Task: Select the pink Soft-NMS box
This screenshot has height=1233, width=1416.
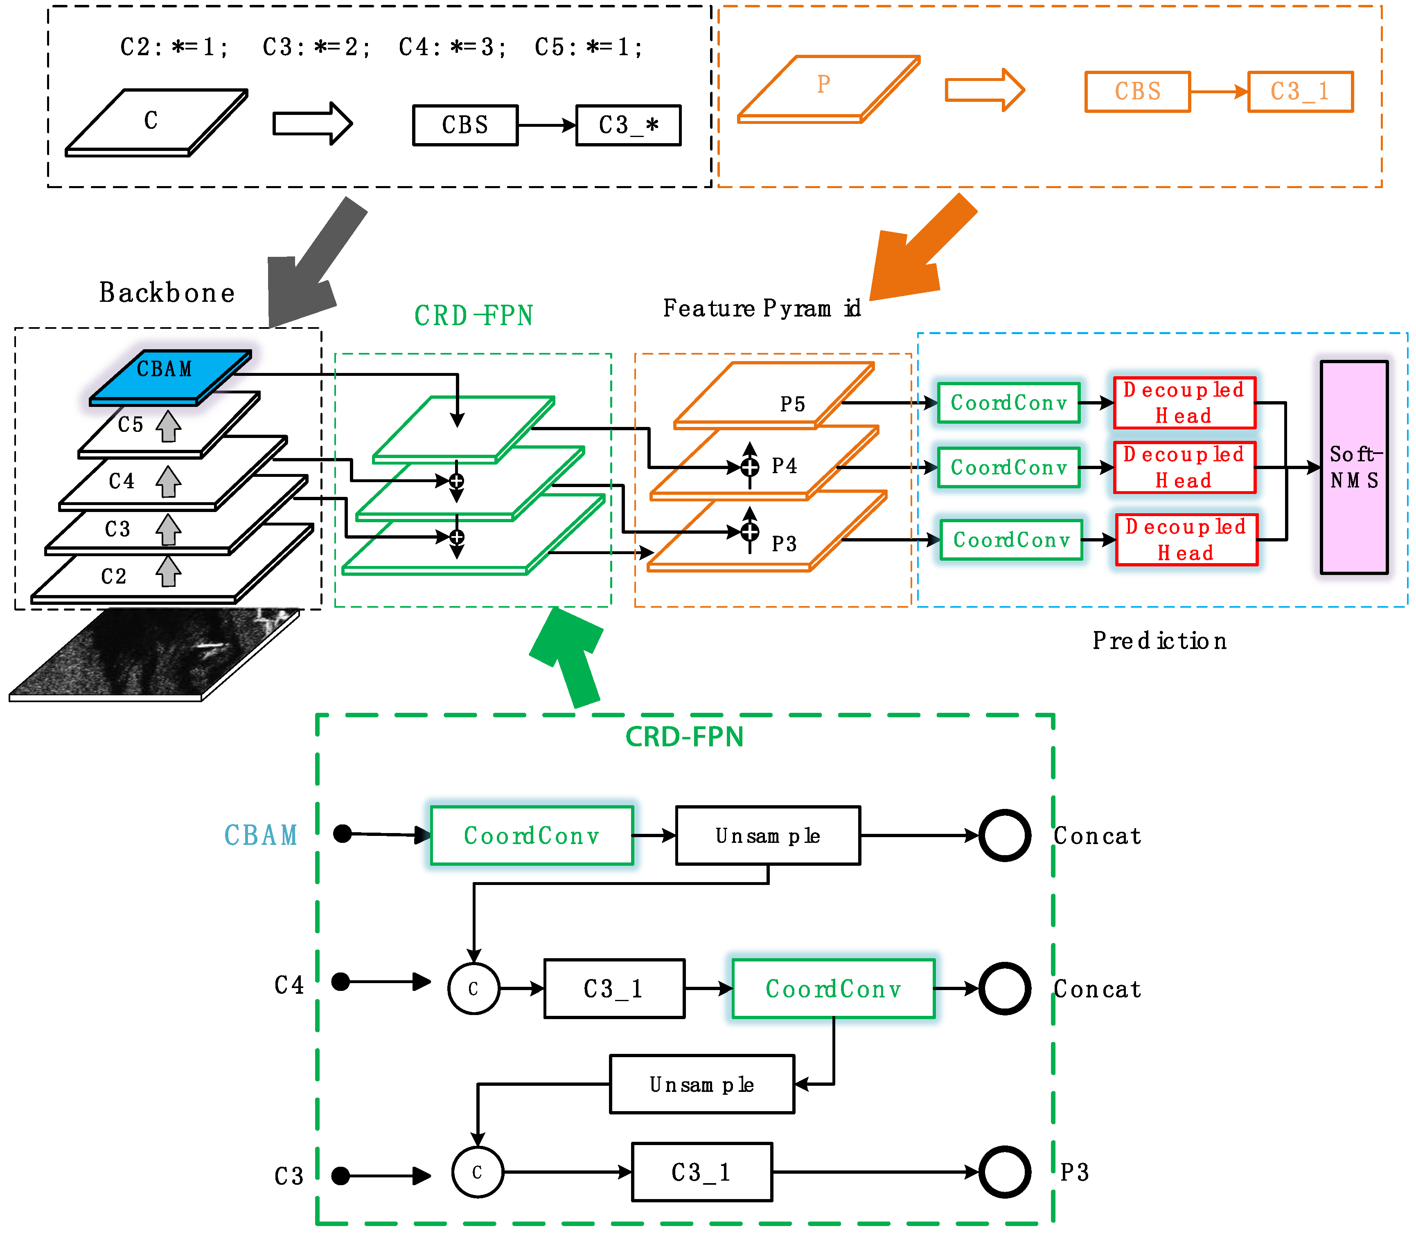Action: [x=1353, y=467]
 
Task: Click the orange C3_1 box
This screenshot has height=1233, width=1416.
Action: [x=1300, y=92]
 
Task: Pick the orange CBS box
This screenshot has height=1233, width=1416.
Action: [x=1137, y=92]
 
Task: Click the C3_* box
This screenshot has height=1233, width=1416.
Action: [x=628, y=125]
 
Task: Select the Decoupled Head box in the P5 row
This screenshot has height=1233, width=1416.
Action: [x=1184, y=402]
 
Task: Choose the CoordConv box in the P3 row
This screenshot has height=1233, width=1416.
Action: [x=1010, y=540]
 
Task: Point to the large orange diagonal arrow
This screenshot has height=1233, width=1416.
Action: [x=919, y=251]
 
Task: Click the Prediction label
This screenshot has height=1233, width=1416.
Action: [x=1159, y=640]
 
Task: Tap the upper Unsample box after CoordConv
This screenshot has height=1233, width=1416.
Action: [x=767, y=835]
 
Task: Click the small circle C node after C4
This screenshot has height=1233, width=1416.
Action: [x=474, y=989]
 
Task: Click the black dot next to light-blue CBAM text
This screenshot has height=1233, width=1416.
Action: [x=342, y=834]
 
